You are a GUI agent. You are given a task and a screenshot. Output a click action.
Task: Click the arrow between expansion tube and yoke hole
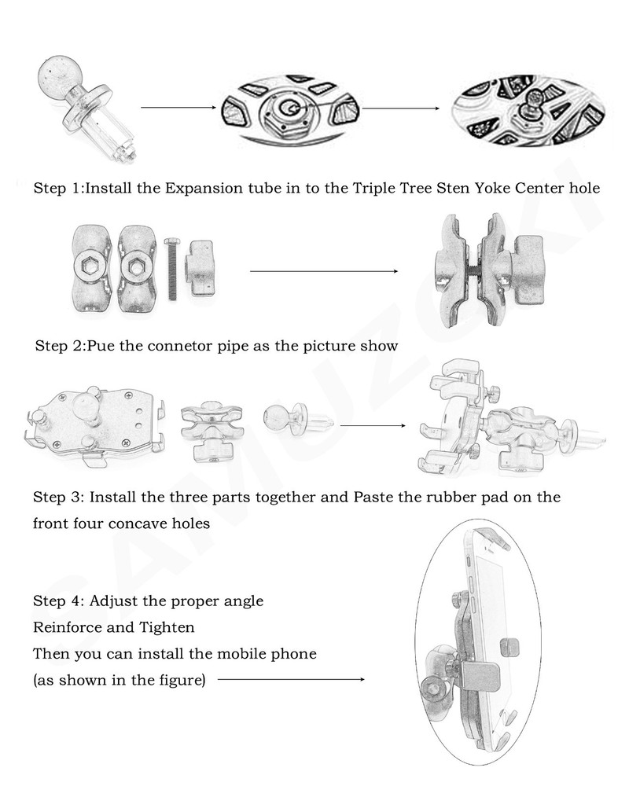[x=178, y=107]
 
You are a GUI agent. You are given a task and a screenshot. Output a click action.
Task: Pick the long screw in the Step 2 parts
[x=172, y=269]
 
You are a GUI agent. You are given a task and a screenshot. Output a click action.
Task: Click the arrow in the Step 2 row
[x=324, y=271]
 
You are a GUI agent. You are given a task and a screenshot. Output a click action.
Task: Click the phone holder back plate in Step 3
[x=95, y=425]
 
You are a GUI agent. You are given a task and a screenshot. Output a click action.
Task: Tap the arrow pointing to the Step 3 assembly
[x=373, y=425]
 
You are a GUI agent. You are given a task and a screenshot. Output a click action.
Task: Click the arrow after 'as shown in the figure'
[x=292, y=679]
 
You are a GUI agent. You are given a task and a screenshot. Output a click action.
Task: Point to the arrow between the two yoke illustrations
[x=401, y=108]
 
